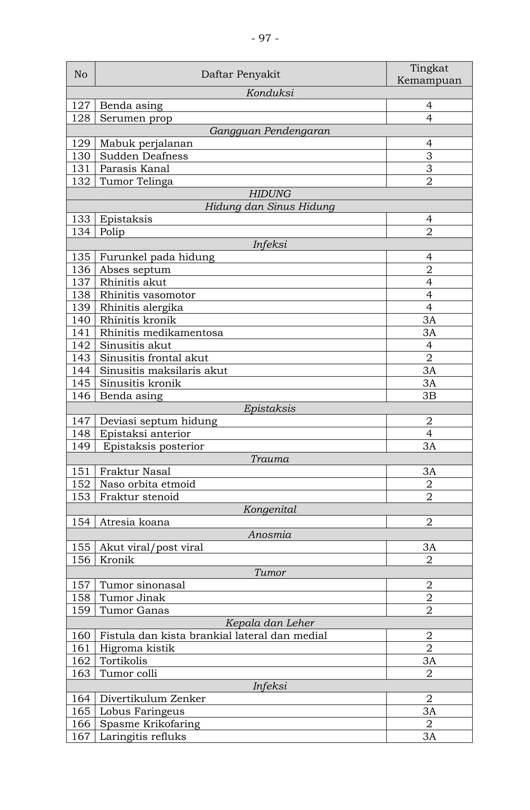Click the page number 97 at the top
265,38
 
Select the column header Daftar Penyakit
240,74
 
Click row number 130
81,156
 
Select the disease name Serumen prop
136,118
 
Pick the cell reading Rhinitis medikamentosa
161,332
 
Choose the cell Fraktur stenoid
139,496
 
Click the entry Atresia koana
135,522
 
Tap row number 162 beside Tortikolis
81,660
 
